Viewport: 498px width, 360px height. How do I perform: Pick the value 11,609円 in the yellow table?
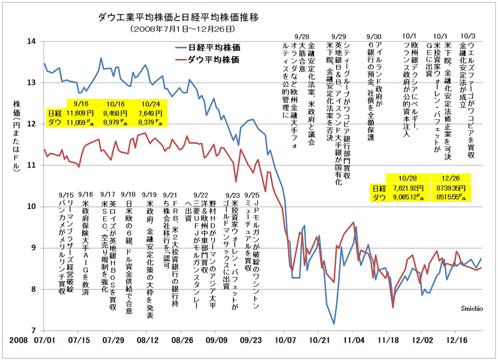tap(78, 113)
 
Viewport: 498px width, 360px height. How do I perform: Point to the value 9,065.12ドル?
tap(407, 197)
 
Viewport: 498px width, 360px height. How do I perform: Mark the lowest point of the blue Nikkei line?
tap(334, 324)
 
